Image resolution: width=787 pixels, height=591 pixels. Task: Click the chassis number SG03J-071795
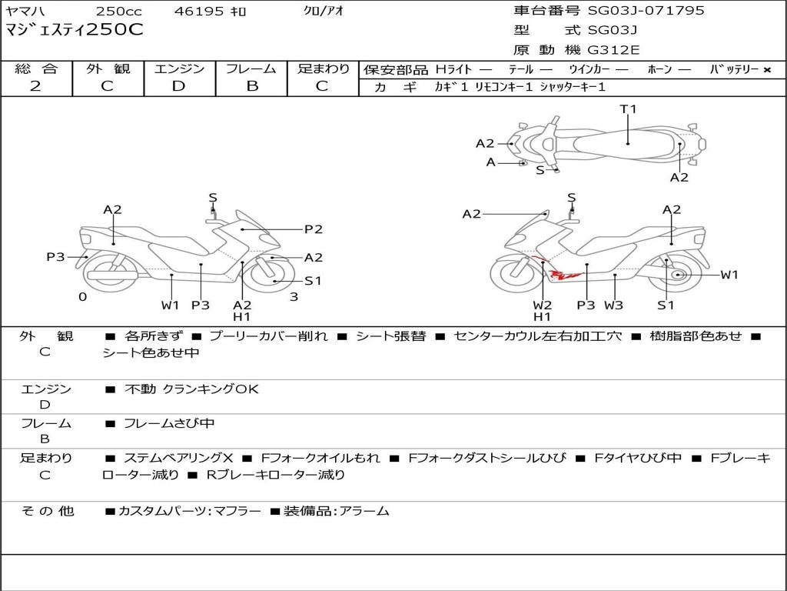click(646, 11)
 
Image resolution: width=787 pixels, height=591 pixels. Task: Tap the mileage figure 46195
click(198, 11)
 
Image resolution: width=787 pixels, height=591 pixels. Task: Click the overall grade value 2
click(35, 86)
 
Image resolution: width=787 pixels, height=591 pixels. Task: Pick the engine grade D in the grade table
click(178, 86)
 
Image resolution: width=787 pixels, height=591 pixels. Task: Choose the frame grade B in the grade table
click(252, 86)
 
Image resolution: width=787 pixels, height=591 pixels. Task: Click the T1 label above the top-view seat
click(628, 109)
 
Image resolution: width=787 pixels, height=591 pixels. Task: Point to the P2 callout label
click(314, 229)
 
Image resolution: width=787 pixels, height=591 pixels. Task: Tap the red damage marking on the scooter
click(560, 270)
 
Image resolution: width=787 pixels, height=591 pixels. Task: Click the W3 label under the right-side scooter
click(613, 305)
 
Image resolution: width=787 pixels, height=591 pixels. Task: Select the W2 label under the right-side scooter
click(542, 305)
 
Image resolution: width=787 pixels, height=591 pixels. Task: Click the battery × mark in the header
click(767, 70)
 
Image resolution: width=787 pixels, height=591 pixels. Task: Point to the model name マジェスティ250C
click(75, 30)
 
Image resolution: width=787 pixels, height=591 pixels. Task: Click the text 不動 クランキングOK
click(191, 389)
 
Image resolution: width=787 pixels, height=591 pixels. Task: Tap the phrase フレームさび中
click(169, 423)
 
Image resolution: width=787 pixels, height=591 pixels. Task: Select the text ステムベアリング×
click(178, 458)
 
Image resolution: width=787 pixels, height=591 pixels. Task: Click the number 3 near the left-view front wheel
click(294, 297)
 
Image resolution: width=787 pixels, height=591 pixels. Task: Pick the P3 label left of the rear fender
click(55, 257)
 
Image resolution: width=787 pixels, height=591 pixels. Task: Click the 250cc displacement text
click(119, 11)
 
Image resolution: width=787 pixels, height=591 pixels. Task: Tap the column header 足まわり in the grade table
click(324, 68)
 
